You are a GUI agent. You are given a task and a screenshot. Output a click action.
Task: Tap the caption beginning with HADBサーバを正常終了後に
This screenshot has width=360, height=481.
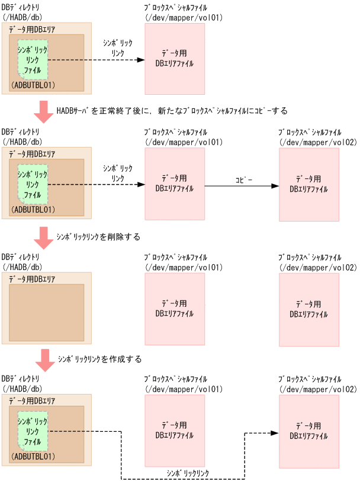172,110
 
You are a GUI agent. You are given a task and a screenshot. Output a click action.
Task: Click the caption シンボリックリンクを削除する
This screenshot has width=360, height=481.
99,236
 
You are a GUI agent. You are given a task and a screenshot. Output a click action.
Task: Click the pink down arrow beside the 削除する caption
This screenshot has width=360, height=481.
43,237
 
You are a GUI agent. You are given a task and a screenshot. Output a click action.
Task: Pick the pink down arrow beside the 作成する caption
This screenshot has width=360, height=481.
43,359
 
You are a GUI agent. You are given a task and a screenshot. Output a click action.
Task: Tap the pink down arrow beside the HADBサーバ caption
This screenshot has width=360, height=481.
43,111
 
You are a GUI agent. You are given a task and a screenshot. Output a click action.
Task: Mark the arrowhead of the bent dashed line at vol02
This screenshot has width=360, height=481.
274,432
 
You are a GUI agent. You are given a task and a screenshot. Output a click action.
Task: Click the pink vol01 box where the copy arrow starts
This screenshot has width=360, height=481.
175,185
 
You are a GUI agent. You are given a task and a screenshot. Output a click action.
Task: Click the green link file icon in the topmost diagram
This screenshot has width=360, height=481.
33,60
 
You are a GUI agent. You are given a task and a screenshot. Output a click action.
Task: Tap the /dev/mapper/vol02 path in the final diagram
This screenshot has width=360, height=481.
318,389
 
